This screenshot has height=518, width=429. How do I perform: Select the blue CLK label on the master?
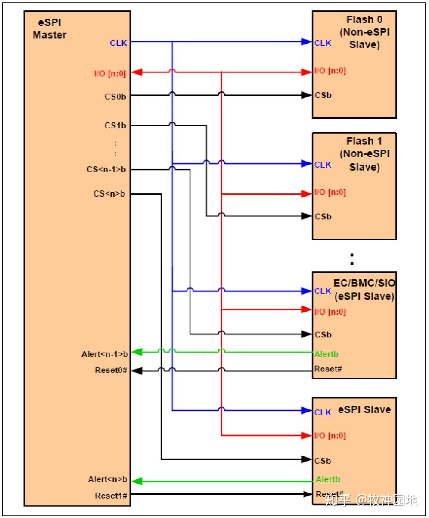pyautogui.click(x=118, y=43)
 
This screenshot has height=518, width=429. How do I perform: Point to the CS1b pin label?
pyautogui.click(x=116, y=126)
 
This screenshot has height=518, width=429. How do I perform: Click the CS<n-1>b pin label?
pyautogui.click(x=106, y=169)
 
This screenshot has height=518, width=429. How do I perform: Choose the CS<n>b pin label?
pyautogui.click(x=109, y=194)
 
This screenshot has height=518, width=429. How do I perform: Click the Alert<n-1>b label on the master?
pyautogui.click(x=105, y=354)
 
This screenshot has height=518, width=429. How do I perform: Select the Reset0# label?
pyautogui.click(x=111, y=370)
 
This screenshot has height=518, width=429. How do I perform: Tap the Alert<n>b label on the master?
pyautogui.click(x=108, y=479)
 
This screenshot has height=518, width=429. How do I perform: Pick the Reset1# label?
pyautogui.click(x=111, y=495)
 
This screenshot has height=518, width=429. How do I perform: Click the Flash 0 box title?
pyautogui.click(x=364, y=32)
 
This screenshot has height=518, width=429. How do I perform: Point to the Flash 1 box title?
pyautogui.click(x=364, y=154)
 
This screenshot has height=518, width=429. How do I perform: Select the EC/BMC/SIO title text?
pyautogui.click(x=364, y=290)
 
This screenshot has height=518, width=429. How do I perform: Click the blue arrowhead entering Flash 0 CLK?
pyautogui.click(x=306, y=42)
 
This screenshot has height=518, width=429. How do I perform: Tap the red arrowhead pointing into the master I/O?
pyautogui.click(x=136, y=72)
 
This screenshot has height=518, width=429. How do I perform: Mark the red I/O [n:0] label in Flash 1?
pyautogui.click(x=330, y=192)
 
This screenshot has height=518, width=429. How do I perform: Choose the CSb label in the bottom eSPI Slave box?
pyautogui.click(x=323, y=461)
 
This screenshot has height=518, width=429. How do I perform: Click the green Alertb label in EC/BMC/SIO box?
pyautogui.click(x=326, y=354)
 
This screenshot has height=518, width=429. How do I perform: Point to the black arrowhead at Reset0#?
pyautogui.click(x=136, y=371)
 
